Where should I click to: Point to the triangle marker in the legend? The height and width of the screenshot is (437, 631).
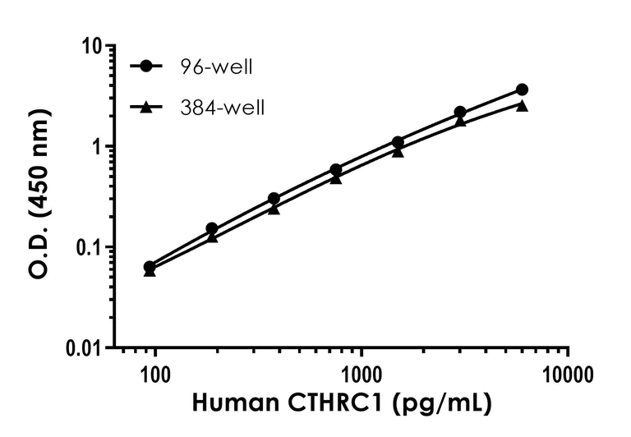(x=146, y=106)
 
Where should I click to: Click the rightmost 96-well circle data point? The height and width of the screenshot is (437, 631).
(x=522, y=90)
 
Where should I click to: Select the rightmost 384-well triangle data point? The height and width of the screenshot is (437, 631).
(x=522, y=105)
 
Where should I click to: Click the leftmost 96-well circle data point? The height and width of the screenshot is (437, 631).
(x=150, y=267)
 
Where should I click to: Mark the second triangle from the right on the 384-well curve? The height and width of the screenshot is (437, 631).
(x=460, y=121)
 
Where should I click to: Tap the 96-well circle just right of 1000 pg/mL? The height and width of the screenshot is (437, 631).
(x=398, y=142)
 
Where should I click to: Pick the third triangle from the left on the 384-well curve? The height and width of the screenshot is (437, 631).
(x=274, y=209)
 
